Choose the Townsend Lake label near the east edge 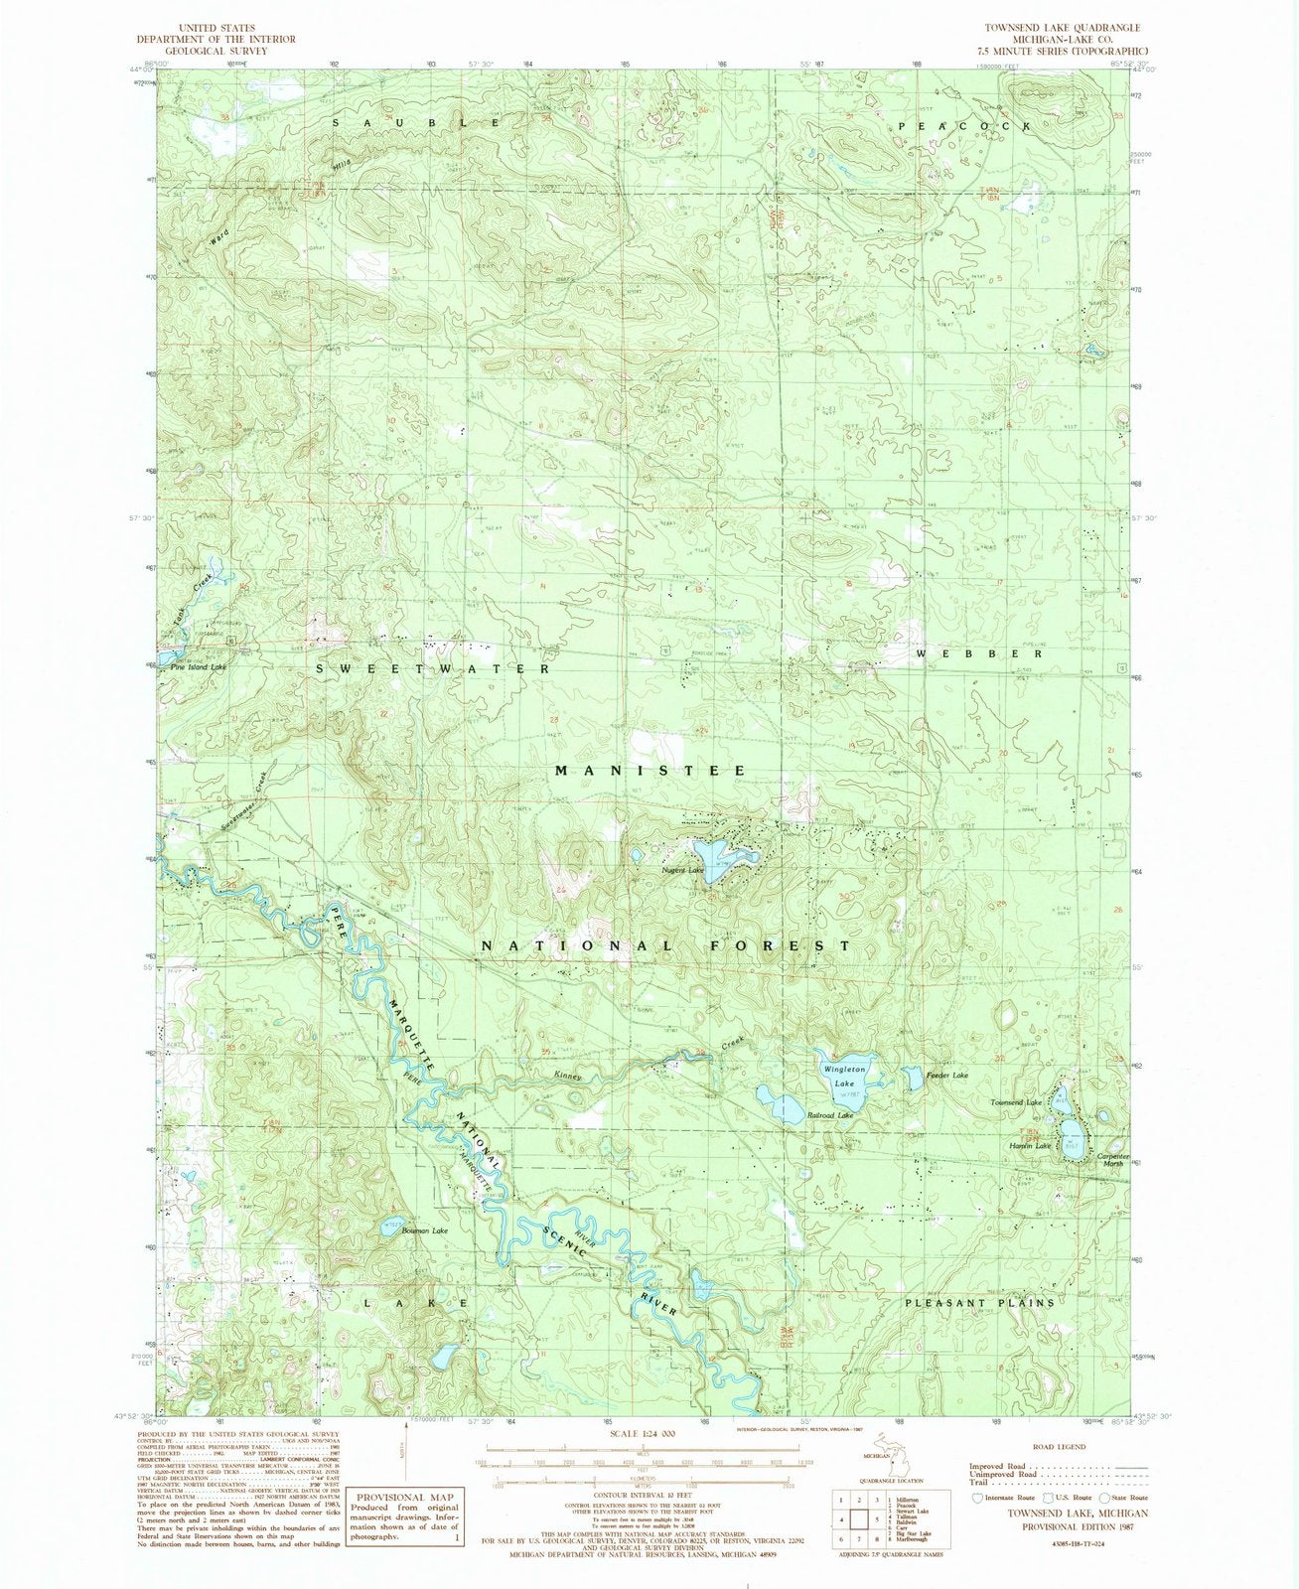tap(1015, 1103)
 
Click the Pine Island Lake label tap(199, 667)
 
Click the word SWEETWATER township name tap(433, 669)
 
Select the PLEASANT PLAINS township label tap(978, 1302)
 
